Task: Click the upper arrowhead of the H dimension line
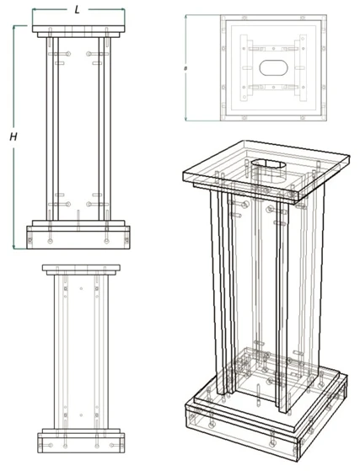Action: (15, 28)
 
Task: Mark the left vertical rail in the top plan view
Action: (247, 67)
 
